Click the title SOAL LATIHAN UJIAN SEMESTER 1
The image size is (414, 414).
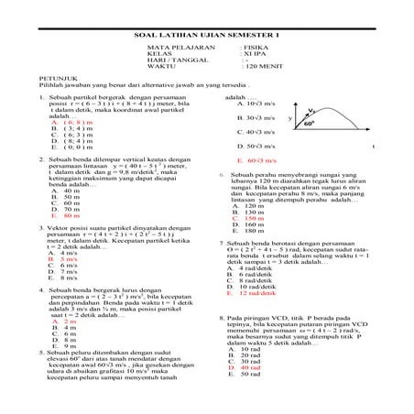coord(206,36)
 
